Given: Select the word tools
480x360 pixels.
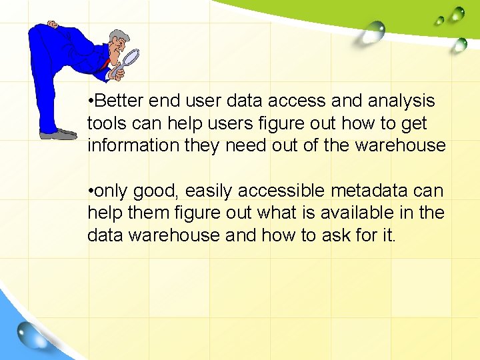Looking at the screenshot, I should tap(105, 123).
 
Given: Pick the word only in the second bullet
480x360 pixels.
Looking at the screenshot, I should tap(112, 191).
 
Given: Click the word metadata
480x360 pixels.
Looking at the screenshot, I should tap(377, 191).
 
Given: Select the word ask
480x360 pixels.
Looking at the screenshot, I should tap(339, 235).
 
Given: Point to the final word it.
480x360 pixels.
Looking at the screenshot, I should tap(389, 235).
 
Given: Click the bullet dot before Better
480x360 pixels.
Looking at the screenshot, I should tap(90, 102).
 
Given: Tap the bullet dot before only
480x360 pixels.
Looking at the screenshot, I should tap(90, 192).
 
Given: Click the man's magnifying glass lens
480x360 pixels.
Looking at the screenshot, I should tap(132, 56).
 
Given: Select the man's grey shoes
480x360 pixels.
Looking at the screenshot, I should tap(59, 134).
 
